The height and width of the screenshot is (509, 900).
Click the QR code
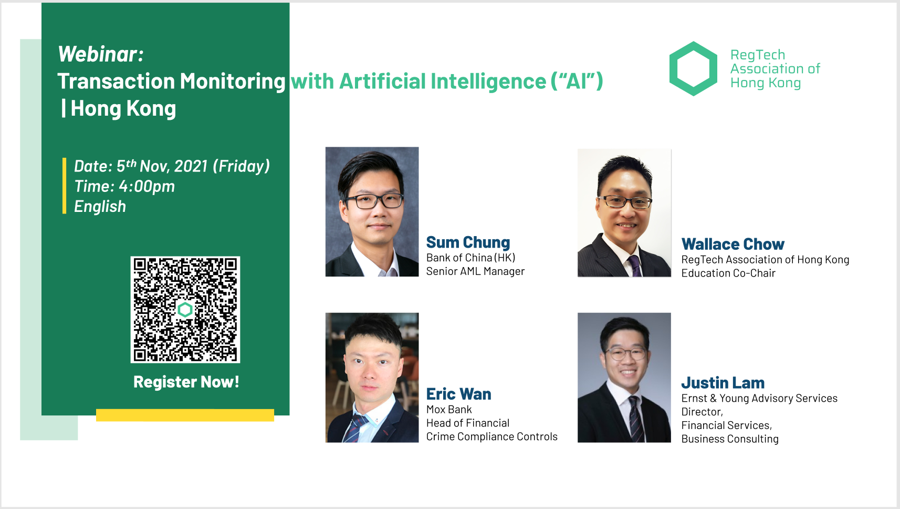click(185, 309)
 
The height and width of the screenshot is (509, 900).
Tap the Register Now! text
click(186, 382)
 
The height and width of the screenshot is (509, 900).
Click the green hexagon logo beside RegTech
click(693, 68)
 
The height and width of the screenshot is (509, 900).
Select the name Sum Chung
click(468, 242)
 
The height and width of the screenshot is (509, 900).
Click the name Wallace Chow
click(732, 245)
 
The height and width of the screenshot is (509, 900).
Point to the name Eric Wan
click(458, 394)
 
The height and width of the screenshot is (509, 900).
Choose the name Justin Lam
click(723, 383)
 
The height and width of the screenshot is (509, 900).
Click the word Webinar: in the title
click(100, 54)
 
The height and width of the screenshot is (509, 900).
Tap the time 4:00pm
click(146, 186)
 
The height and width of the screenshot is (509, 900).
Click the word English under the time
click(100, 207)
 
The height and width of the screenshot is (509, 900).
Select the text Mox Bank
click(449, 410)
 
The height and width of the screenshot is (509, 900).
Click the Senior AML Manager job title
click(475, 271)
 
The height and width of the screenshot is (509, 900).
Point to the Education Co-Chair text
click(728, 273)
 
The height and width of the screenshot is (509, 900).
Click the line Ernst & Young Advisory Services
click(759, 399)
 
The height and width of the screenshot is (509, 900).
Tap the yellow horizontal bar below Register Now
click(185, 415)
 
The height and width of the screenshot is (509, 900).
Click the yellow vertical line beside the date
click(64, 186)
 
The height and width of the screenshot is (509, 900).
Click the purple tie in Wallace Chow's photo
click(635, 266)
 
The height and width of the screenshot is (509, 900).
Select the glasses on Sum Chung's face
click(374, 200)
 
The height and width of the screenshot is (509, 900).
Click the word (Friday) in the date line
click(241, 166)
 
